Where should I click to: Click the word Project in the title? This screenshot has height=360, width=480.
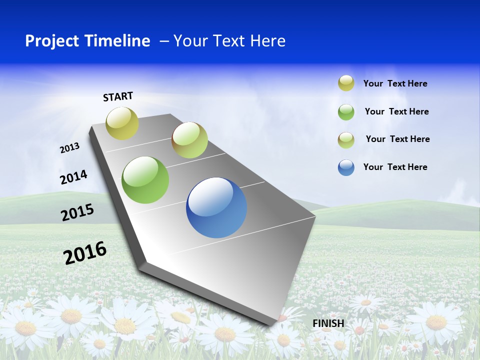click(49, 41)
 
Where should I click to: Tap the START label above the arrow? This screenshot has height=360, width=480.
click(118, 96)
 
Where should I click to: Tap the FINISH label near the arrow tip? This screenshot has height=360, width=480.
click(328, 323)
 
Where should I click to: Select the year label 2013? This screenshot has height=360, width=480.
click(69, 147)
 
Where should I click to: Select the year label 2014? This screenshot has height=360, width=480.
click(73, 177)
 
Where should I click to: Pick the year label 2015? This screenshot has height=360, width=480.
click(77, 212)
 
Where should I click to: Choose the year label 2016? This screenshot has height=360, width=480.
click(85, 252)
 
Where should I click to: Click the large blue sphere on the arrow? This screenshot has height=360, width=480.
click(216, 207)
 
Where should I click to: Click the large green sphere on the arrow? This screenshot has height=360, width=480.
click(145, 180)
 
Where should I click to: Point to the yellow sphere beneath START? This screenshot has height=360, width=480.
click(122, 123)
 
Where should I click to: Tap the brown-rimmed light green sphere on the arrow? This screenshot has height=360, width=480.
click(189, 140)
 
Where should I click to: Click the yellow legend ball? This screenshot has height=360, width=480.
click(346, 83)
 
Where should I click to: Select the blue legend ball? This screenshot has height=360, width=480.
click(346, 167)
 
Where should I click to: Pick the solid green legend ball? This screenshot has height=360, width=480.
click(346, 112)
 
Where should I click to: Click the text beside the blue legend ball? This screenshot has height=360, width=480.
click(395, 167)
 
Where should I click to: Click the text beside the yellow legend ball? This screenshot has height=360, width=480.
click(395, 83)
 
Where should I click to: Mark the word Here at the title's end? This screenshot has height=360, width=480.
click(267, 41)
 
